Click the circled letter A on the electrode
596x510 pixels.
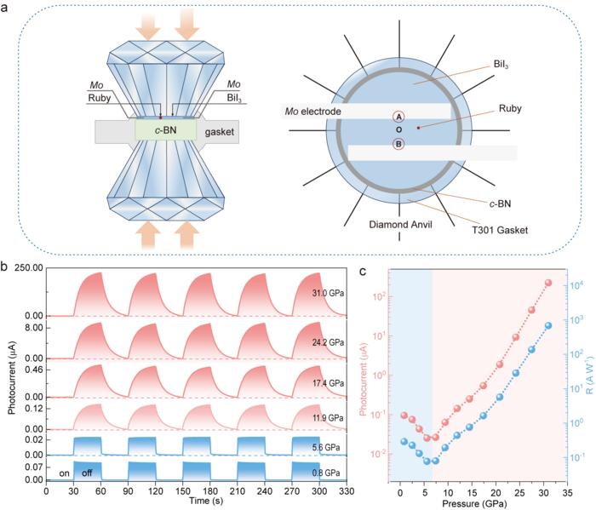tap(398, 117)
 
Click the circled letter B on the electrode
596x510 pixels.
tap(398, 144)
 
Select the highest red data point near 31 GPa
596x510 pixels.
tap(547, 283)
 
